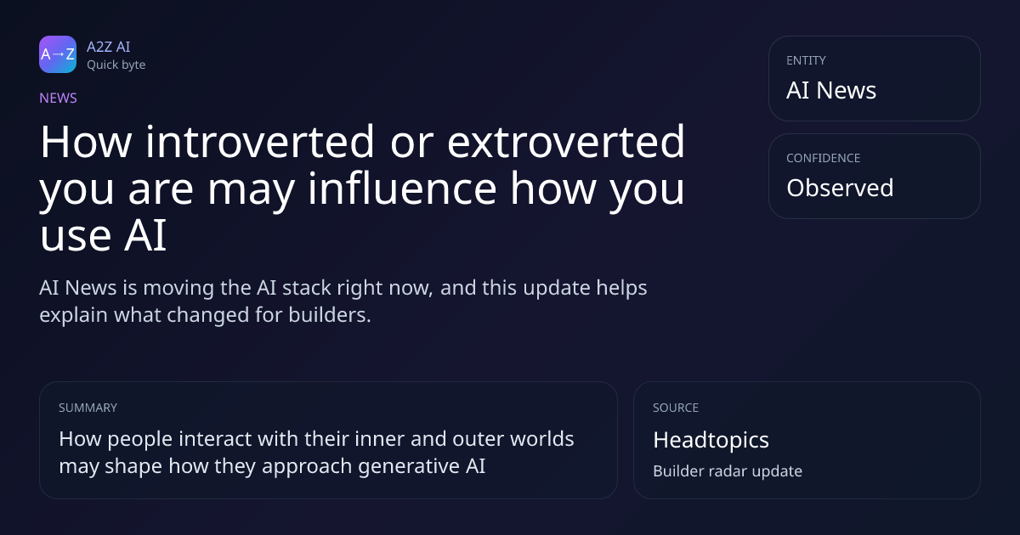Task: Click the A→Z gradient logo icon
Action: (58, 54)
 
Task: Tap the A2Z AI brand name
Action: (109, 47)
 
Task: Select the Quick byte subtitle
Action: (116, 65)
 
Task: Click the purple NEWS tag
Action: (59, 98)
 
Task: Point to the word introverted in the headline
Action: (260, 142)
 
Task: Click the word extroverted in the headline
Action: (566, 142)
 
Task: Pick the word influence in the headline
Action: (402, 189)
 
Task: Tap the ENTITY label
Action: (806, 60)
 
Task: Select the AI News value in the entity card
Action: (831, 90)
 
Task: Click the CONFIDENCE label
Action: (824, 158)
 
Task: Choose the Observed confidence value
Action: (840, 188)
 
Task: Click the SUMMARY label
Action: (88, 408)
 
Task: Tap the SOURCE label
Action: (676, 408)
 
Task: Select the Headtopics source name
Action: (711, 440)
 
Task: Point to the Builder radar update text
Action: (728, 471)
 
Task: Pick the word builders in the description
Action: (330, 315)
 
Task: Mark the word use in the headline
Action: (75, 236)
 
